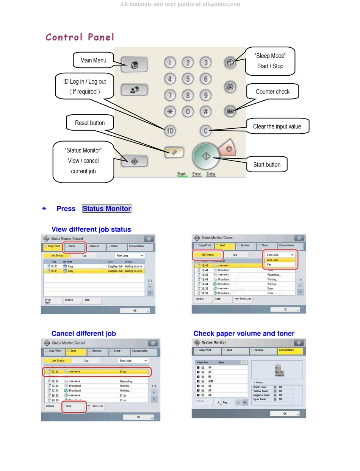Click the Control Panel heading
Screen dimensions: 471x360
[80, 37]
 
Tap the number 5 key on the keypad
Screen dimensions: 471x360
[188, 79]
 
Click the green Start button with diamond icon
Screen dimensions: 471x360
[206, 156]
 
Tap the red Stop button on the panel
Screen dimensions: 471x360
[229, 149]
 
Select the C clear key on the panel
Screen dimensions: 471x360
[205, 131]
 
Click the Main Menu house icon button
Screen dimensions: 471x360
[134, 64]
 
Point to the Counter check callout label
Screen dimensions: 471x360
[272, 92]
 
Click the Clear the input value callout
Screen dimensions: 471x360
[277, 126]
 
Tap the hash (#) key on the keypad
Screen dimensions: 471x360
[205, 112]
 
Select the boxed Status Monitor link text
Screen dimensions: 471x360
[107, 209]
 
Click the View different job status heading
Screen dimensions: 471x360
[91, 229]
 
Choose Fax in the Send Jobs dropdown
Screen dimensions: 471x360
[269, 265]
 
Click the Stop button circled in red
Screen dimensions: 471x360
[74, 406]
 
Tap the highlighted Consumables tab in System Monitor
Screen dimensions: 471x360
[290, 351]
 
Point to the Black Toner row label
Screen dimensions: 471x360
[260, 387]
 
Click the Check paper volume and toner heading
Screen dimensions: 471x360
[244, 334]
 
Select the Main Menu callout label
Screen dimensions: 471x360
[93, 60]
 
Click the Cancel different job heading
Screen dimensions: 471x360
[84, 334]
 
